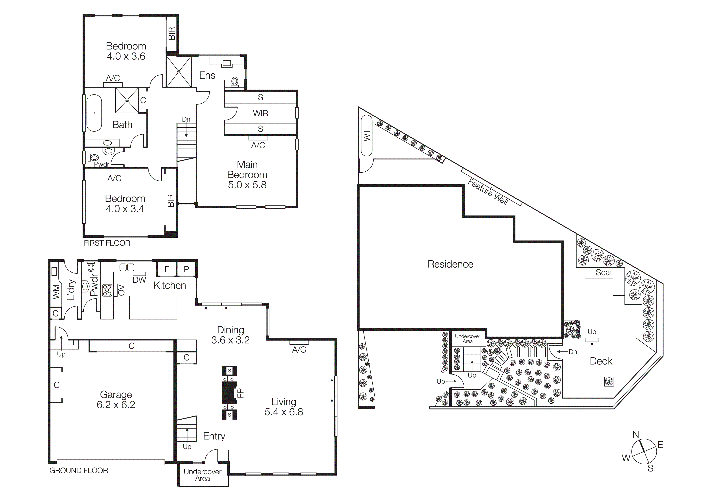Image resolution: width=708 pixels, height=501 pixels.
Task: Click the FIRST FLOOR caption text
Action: pyautogui.click(x=107, y=243)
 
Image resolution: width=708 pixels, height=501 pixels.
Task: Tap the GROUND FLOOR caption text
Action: pyautogui.click(x=79, y=471)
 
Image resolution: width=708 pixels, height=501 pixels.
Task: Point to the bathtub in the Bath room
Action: pyautogui.click(x=94, y=113)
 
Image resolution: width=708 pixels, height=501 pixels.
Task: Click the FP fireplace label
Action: pyautogui.click(x=241, y=393)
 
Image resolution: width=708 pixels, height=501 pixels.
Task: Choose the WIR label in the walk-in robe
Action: pyautogui.click(x=260, y=113)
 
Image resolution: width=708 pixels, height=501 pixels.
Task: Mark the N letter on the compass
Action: pyautogui.click(x=636, y=435)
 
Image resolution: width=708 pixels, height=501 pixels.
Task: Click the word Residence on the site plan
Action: pyautogui.click(x=450, y=264)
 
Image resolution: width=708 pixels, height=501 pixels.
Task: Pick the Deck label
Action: pyautogui.click(x=601, y=361)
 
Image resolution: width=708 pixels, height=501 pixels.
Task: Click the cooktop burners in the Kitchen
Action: pyautogui.click(x=107, y=290)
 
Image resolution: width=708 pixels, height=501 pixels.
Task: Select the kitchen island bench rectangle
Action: pyautogui.click(x=153, y=307)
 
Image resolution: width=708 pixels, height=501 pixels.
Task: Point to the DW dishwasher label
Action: pyautogui.click(x=139, y=280)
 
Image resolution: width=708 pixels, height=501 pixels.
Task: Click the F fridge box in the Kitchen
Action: pyautogui.click(x=167, y=269)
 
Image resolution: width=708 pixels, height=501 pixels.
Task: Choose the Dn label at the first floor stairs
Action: pyautogui.click(x=186, y=119)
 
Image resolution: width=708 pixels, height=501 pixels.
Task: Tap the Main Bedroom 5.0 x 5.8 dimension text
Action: pyautogui.click(x=247, y=185)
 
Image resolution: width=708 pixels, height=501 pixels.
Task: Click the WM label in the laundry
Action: pyautogui.click(x=56, y=292)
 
